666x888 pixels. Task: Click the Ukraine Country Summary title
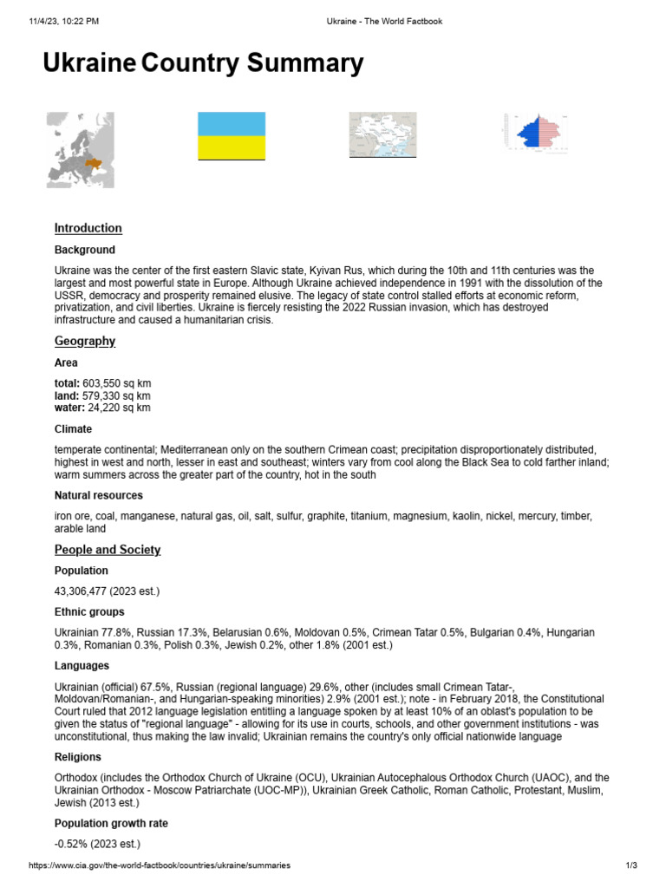[203, 64]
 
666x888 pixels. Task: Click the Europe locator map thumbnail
[81, 150]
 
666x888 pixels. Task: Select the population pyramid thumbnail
[538, 133]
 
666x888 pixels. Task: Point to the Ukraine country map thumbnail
[382, 135]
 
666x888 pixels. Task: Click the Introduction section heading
[88, 228]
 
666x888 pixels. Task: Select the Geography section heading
[84, 342]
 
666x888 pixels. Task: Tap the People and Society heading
[107, 550]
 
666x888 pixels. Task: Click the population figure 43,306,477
[107, 591]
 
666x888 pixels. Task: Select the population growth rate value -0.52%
[96, 844]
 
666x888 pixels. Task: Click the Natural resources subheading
[99, 495]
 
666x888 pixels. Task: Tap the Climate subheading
[73, 429]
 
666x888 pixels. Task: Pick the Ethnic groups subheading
[88, 612]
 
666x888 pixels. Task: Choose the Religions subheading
[78, 757]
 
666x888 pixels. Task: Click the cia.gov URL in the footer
[160, 866]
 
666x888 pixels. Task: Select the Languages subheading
[82, 666]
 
